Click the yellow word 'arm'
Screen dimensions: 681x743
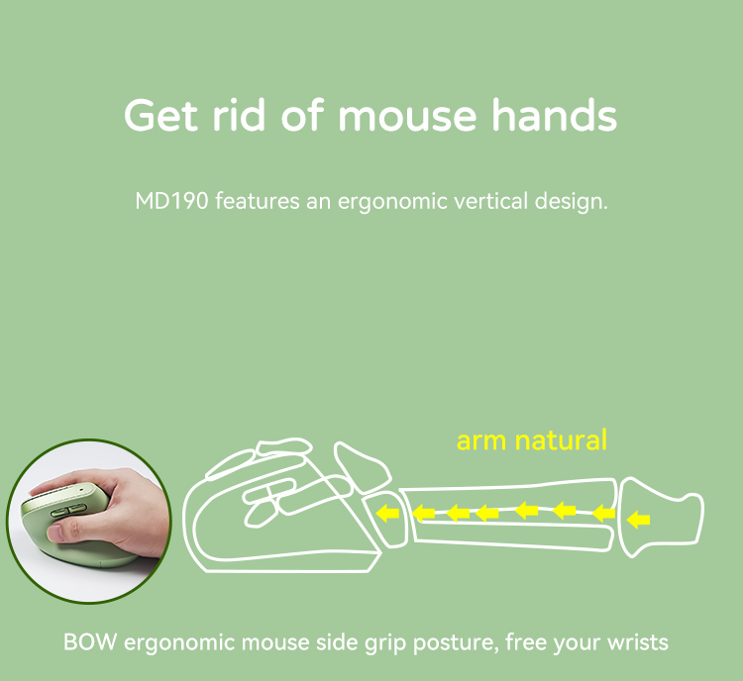(x=481, y=440)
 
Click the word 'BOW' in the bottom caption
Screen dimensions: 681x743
(x=86, y=642)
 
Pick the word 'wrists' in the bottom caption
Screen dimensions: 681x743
(x=634, y=642)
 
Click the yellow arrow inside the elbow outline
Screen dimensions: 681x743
(x=639, y=520)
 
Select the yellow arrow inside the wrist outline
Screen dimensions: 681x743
(x=388, y=514)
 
